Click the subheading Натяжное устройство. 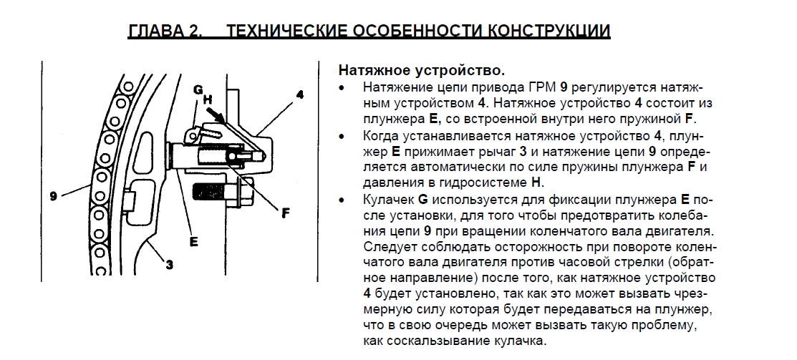click(x=422, y=70)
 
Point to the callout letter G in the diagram click(x=198, y=90)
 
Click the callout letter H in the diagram click(x=208, y=99)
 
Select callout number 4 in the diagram click(x=300, y=94)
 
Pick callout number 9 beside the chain click(x=54, y=195)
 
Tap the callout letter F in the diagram click(x=286, y=213)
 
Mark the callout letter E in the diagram click(x=193, y=242)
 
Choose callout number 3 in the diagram click(x=169, y=265)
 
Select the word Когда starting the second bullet click(x=381, y=136)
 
